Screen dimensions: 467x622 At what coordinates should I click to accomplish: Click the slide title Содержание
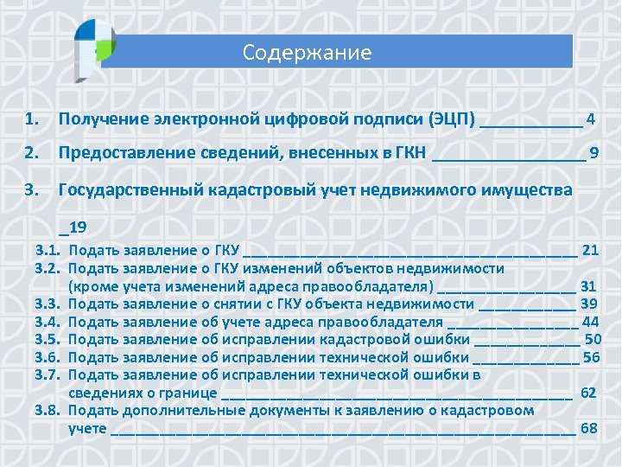[x=307, y=54]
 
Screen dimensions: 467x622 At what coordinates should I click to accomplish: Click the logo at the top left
[x=94, y=39]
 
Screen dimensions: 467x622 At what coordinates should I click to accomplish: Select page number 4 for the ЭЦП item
[x=590, y=118]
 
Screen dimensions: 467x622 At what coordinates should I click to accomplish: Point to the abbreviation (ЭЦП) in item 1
[x=451, y=118]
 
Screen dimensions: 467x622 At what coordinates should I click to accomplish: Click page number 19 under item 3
[x=76, y=227]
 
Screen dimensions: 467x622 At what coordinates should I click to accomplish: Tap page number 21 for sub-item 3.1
[x=591, y=250]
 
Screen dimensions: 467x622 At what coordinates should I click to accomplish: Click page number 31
[x=589, y=285]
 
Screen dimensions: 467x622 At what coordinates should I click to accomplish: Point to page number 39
[x=590, y=304]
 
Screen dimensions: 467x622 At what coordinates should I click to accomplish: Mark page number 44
[x=591, y=322]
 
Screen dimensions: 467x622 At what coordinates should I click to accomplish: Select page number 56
[x=591, y=357]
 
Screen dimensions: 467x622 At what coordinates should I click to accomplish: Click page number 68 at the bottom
[x=590, y=428]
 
